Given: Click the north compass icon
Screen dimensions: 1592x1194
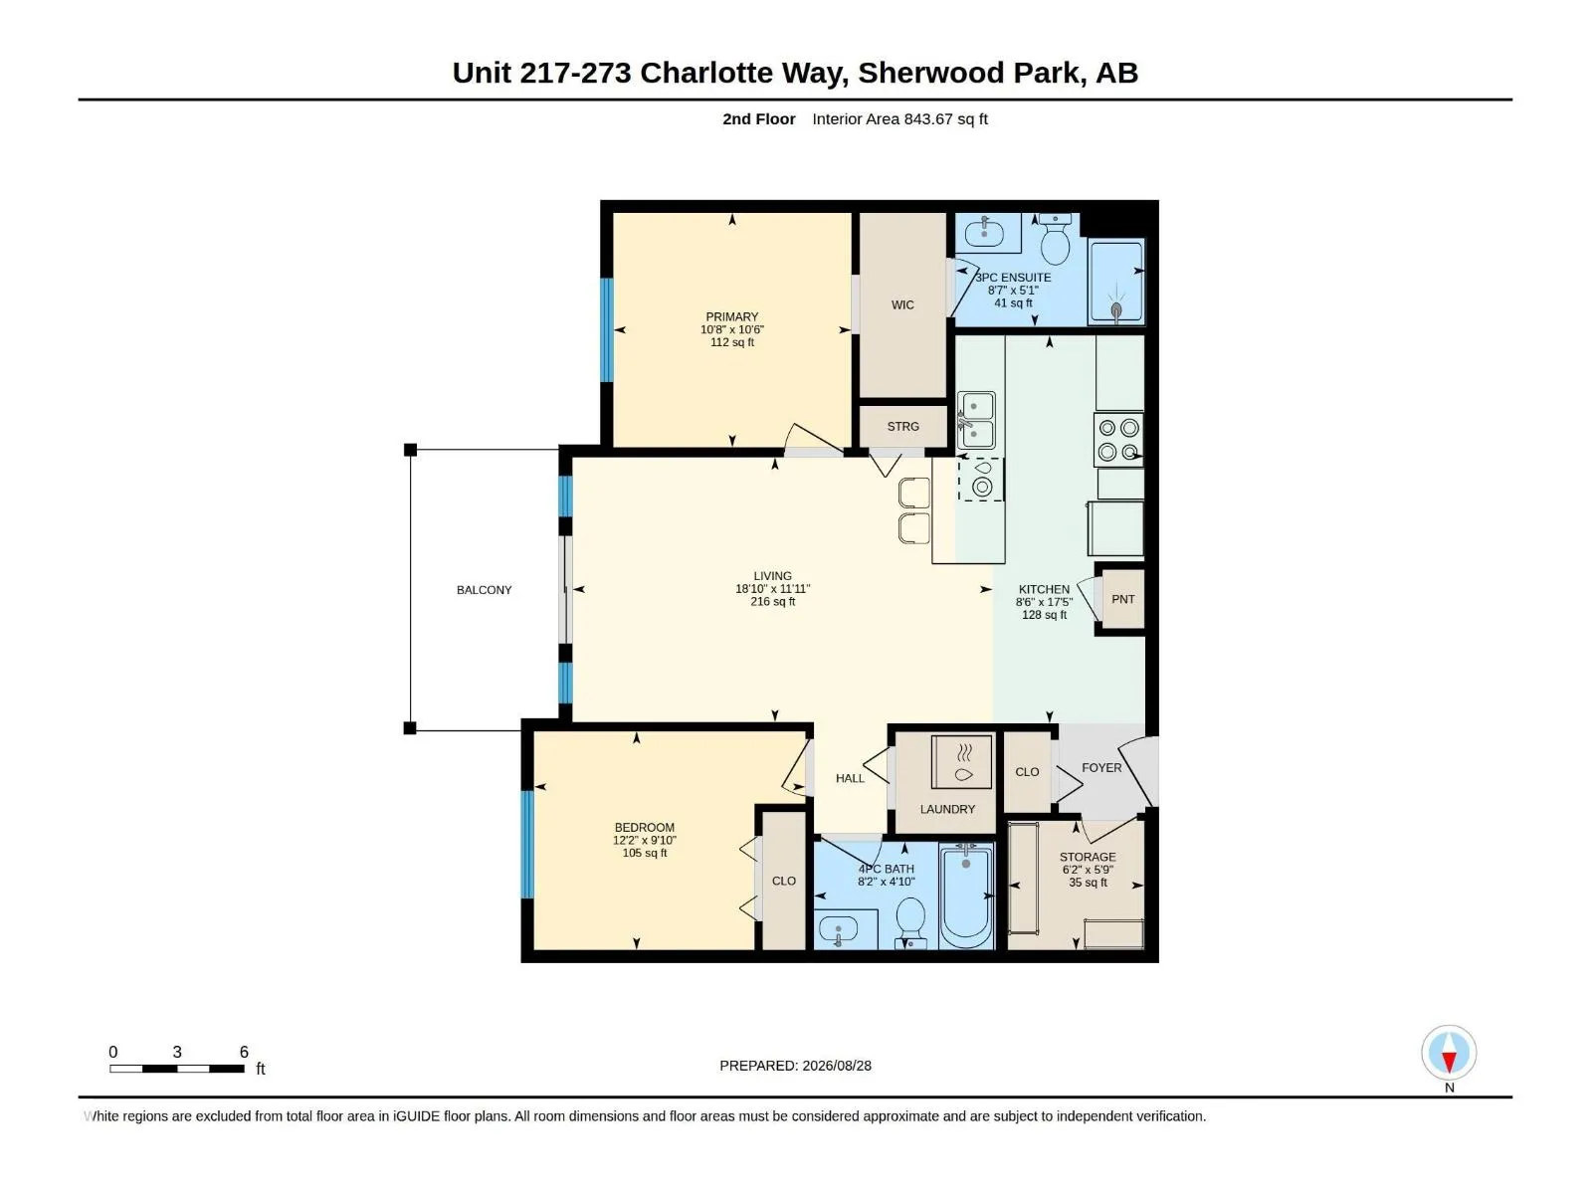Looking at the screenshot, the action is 1449,1052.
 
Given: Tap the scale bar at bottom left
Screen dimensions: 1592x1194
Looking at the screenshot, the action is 177,1069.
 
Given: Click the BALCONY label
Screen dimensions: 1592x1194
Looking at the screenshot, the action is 484,590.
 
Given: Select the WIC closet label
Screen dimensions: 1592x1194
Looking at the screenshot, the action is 902,305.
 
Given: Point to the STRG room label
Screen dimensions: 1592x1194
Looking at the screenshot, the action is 903,426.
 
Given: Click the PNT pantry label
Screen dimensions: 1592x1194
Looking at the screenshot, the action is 1122,599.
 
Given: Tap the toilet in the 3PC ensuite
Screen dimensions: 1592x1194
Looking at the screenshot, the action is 1056,239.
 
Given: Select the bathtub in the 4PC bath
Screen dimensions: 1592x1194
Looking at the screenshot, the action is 965,896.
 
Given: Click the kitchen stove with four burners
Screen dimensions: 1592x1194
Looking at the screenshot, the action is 1118,440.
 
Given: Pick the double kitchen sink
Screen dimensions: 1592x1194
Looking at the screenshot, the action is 976,421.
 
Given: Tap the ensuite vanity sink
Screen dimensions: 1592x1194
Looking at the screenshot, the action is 984,233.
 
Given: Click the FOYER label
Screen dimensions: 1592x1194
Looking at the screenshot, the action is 1101,768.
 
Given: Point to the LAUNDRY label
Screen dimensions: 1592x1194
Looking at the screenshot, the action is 947,809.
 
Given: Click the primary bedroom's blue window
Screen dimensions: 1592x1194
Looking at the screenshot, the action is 607,330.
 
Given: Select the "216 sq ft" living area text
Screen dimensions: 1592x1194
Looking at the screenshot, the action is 772,602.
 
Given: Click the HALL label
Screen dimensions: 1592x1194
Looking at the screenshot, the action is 850,779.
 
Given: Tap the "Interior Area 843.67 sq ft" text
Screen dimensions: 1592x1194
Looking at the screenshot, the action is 899,118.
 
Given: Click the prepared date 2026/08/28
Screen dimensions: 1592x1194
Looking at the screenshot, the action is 836,1066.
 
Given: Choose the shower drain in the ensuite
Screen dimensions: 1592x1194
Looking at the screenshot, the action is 1116,311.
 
